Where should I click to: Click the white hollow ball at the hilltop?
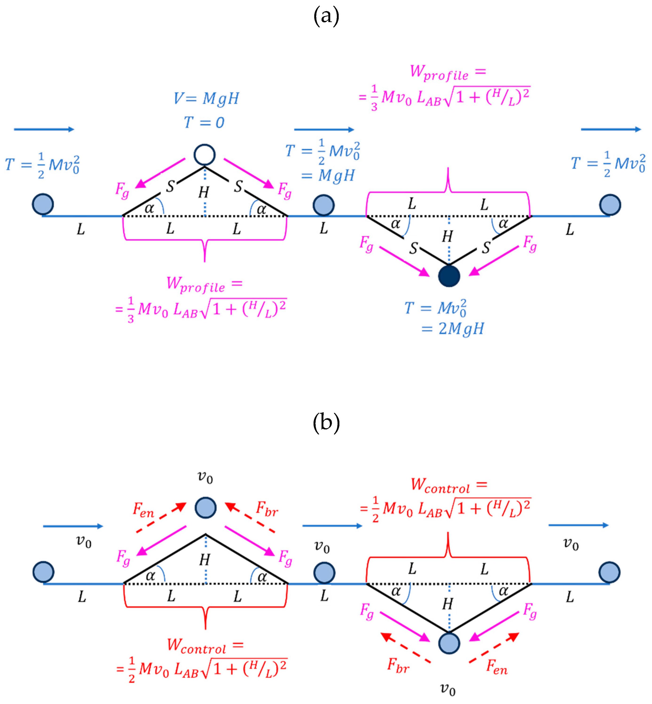click(x=205, y=155)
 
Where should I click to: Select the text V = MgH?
click(x=206, y=98)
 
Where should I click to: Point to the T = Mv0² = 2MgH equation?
click(x=444, y=317)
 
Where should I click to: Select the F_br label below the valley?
click(x=398, y=665)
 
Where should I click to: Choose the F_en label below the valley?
click(x=497, y=666)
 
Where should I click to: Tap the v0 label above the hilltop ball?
click(x=205, y=477)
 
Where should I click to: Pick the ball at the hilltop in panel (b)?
click(x=206, y=508)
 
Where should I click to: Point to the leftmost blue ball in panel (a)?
click(x=43, y=204)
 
